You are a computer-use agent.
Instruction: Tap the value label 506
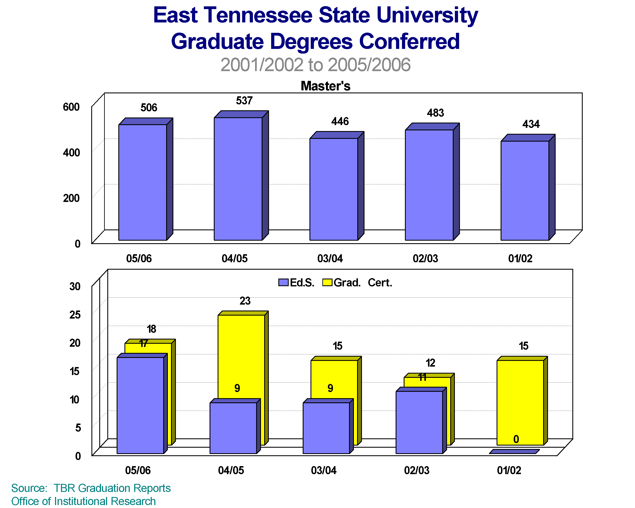[149, 108]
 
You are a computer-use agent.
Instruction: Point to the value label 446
[340, 121]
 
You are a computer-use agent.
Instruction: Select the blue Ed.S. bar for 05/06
[140, 405]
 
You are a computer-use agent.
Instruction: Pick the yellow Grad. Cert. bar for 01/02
[520, 402]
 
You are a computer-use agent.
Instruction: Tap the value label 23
[245, 301]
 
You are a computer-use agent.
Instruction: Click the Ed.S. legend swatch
[283, 282]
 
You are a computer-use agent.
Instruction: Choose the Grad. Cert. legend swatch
[327, 282]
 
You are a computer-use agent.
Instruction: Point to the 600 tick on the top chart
[71, 107]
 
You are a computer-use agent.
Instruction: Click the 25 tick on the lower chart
[75, 315]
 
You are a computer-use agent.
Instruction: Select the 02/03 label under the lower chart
[417, 470]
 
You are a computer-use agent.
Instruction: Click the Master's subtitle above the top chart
[326, 86]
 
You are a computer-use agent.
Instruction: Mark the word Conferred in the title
[409, 41]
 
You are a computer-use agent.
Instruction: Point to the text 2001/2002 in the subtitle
[262, 65]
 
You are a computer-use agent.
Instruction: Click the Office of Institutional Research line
[83, 501]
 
